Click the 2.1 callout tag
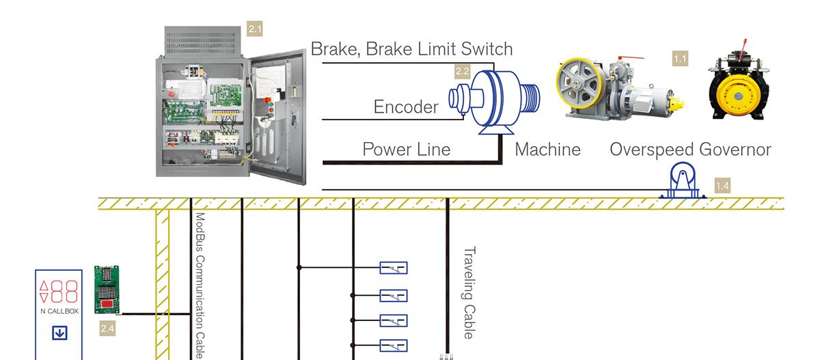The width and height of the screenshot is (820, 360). click(255, 29)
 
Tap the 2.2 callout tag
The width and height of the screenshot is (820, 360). click(463, 71)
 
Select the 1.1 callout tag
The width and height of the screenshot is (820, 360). click(680, 59)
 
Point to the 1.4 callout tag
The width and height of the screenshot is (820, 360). click(723, 186)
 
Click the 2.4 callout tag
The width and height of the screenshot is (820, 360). click(108, 328)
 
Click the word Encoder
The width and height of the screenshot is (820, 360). click(406, 107)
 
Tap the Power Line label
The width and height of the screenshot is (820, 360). click(407, 150)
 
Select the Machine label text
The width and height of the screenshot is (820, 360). click(547, 150)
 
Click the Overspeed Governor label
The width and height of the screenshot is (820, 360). click(690, 150)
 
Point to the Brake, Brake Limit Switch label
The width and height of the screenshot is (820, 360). click(411, 49)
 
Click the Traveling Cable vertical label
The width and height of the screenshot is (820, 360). click(469, 292)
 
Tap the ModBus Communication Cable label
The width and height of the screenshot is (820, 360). click(200, 286)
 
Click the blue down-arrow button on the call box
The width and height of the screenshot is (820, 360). click(59, 333)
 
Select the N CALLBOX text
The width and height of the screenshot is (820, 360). click(59, 311)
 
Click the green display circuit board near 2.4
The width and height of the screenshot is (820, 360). click(107, 290)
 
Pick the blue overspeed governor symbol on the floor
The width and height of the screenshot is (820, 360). click(683, 181)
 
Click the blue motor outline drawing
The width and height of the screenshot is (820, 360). click(494, 102)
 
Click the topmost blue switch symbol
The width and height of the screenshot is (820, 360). click(394, 268)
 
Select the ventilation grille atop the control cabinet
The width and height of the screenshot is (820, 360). click(202, 42)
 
